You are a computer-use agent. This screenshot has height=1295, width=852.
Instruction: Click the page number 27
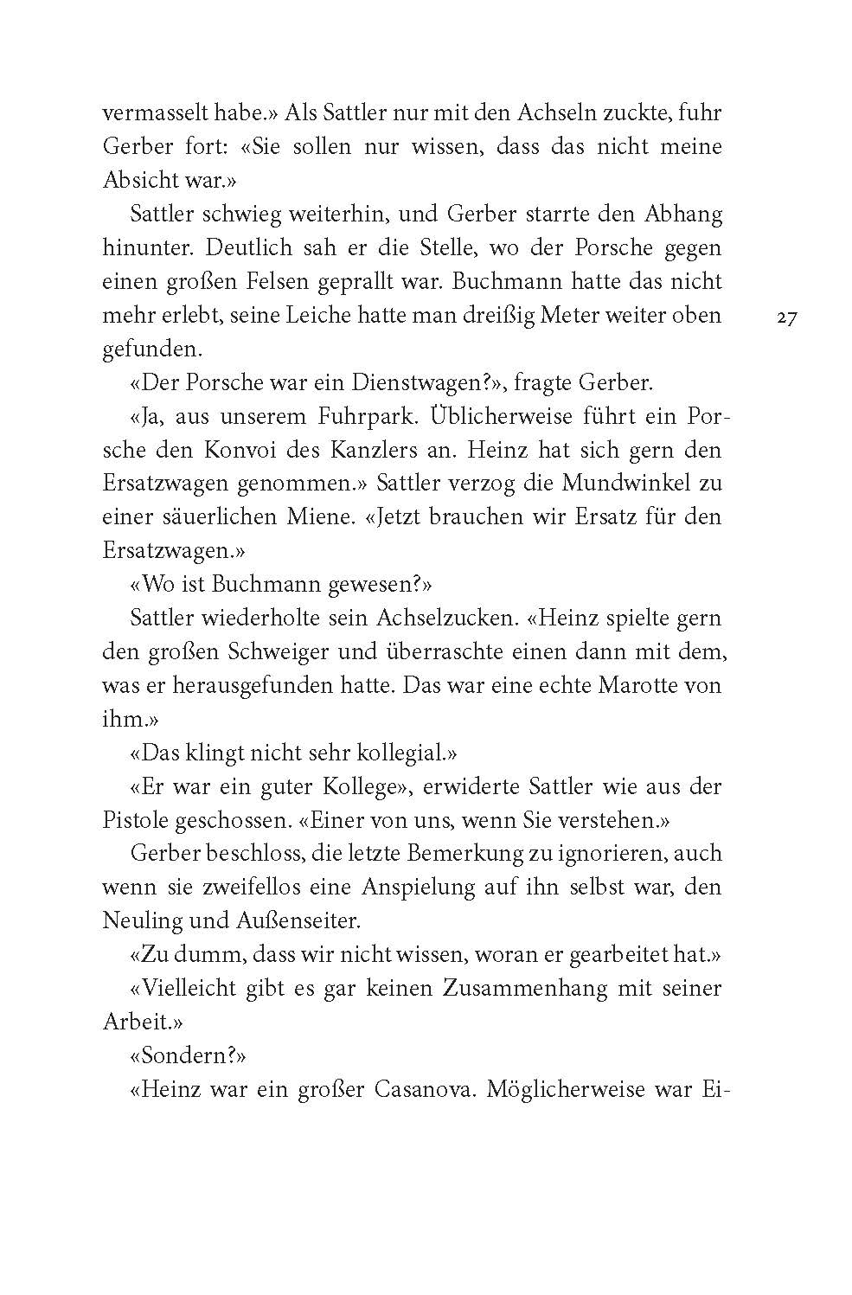[786, 317]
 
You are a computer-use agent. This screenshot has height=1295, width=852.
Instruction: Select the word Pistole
[135, 820]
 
